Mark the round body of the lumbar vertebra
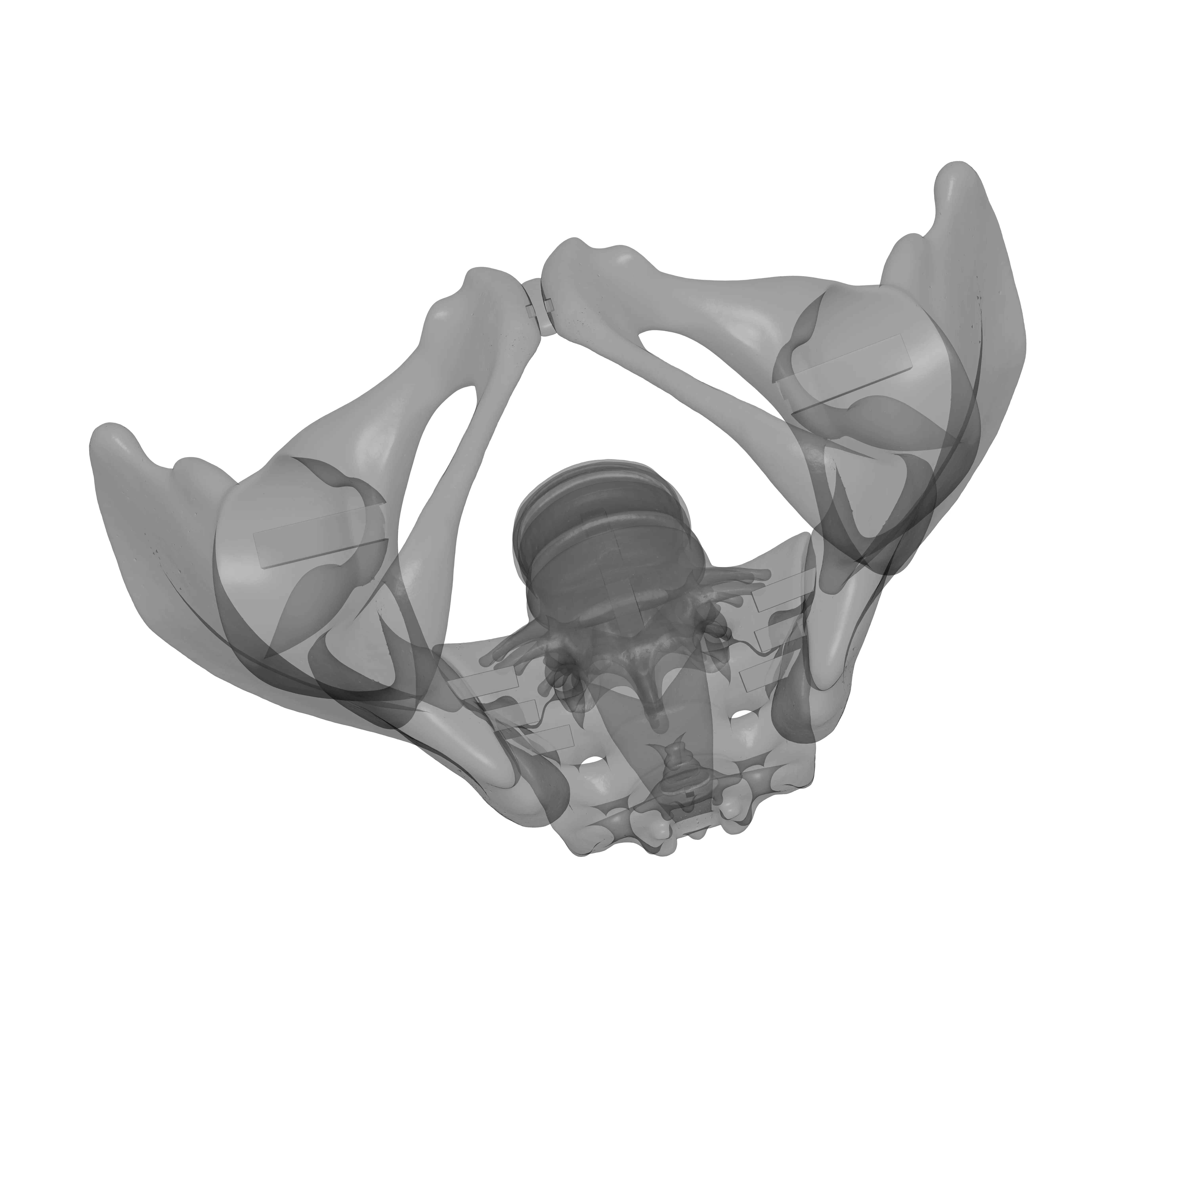tap(600, 523)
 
